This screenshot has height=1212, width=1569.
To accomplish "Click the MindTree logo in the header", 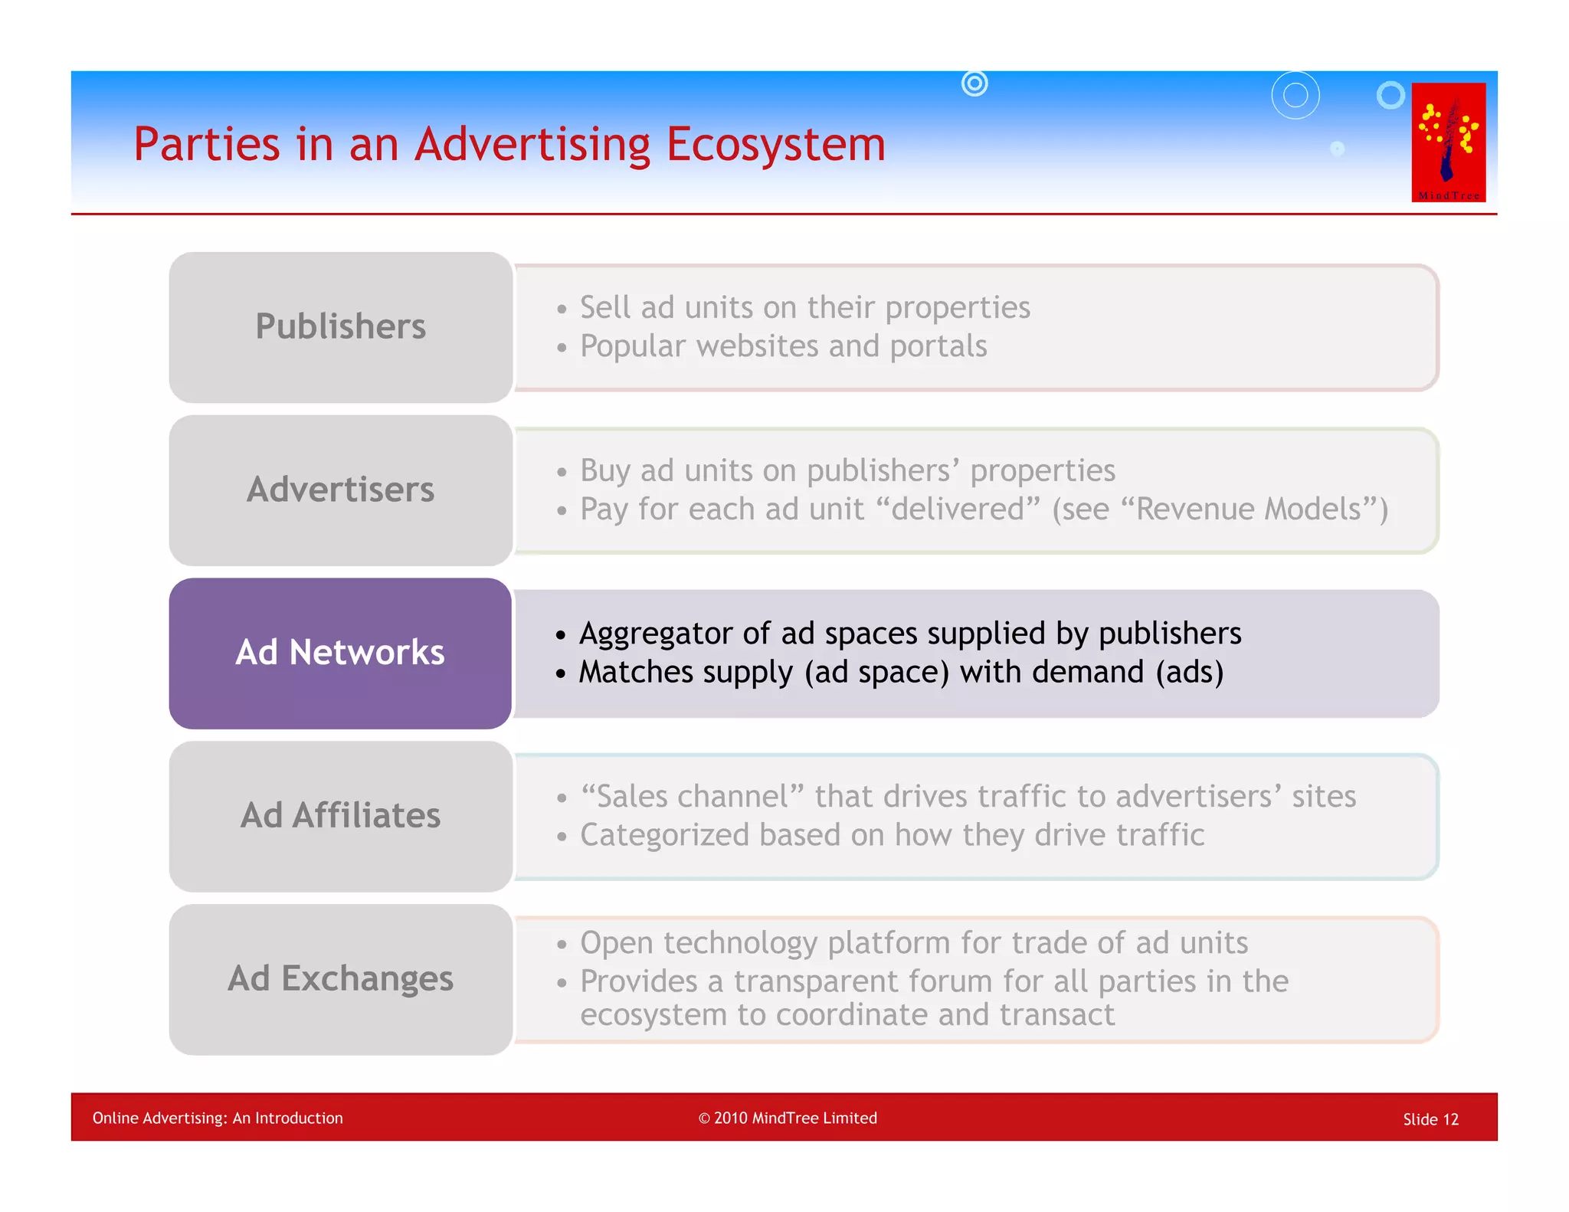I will click(1448, 142).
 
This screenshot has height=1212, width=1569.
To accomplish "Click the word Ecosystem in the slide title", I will click(775, 144).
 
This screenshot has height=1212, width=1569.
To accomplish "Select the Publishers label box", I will click(340, 327).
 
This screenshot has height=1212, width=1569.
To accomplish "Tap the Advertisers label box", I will click(340, 490).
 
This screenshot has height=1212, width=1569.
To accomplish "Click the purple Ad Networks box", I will click(340, 653).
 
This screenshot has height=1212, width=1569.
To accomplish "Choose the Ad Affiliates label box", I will click(340, 816).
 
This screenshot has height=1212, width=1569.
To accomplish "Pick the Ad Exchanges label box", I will click(340, 979).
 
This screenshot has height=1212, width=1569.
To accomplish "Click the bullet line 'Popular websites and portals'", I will click(783, 346).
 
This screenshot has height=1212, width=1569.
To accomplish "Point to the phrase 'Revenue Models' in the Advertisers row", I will click(1248, 509).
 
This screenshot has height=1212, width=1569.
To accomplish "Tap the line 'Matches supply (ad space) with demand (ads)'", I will click(901, 673).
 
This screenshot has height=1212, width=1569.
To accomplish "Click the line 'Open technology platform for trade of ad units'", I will click(913, 943).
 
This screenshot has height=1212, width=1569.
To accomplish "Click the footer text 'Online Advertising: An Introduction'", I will click(218, 1118).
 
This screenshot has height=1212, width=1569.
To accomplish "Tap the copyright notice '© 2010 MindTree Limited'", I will click(788, 1118).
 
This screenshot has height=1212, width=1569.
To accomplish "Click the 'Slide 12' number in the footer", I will click(1430, 1119).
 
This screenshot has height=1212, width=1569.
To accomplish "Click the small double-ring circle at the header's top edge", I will click(974, 83).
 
